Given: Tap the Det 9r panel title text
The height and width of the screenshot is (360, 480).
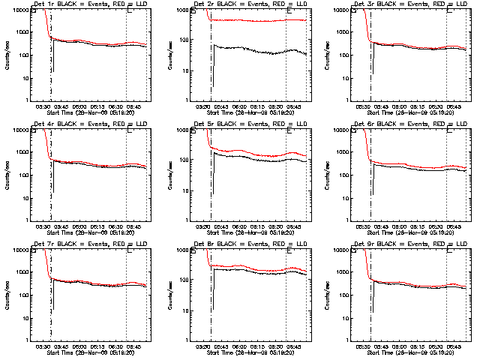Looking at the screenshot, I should pyautogui.click(x=410, y=244).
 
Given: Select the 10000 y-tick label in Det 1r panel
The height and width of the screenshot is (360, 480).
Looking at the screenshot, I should pyautogui.click(x=19, y=10).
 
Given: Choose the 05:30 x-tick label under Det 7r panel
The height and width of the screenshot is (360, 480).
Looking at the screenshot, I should pyautogui.click(x=43, y=346).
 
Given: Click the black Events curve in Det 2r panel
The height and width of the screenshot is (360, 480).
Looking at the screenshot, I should pyautogui.click(x=255, y=49).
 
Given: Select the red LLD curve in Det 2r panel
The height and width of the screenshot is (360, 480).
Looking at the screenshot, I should pyautogui.click(x=255, y=20).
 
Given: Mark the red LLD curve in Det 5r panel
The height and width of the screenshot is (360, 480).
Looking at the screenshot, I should pyautogui.click(x=255, y=151).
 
